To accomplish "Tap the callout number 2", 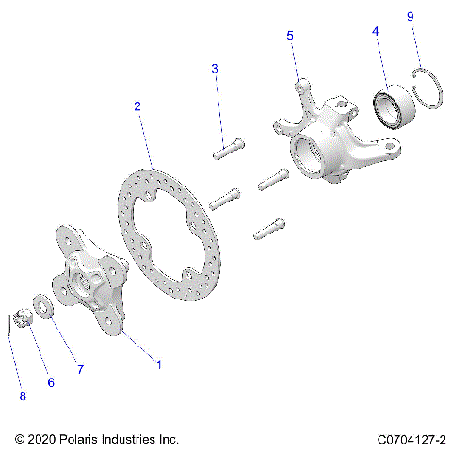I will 137,106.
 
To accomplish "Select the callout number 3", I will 215,69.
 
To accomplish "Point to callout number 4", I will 376,31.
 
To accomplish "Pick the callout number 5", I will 290,35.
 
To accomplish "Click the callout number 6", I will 51,383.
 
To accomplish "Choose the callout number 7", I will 80,370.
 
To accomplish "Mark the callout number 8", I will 23,396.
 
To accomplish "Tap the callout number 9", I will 410,17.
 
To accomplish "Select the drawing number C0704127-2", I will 412,439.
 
